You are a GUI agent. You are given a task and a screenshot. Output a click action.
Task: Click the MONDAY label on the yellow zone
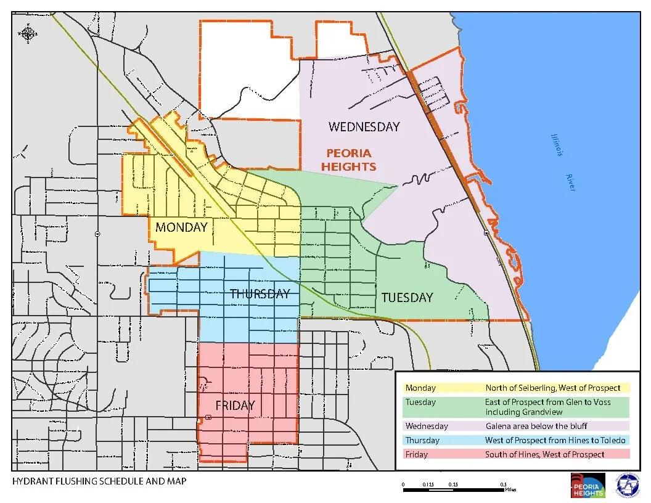point(181,227)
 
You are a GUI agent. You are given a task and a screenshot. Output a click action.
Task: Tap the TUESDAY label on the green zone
point(407,298)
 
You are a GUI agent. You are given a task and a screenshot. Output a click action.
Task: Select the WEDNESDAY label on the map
point(364,127)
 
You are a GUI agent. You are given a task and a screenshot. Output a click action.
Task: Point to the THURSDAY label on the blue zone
point(260,294)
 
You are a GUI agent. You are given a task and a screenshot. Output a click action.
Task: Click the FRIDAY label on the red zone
point(235,406)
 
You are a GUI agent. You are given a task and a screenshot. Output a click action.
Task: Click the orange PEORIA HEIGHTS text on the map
point(351,160)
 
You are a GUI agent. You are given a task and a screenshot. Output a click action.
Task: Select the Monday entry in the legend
point(420,388)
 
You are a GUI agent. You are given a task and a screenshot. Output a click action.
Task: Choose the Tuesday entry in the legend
point(420,403)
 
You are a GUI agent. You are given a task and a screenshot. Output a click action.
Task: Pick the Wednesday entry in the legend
point(426,426)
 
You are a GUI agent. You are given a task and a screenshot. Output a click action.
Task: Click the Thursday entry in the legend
point(422,440)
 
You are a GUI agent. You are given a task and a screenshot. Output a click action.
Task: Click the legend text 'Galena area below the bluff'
point(536,426)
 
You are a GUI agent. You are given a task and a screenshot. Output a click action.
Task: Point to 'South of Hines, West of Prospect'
point(545,454)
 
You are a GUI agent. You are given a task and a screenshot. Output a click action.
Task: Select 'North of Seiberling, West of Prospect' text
point(552,388)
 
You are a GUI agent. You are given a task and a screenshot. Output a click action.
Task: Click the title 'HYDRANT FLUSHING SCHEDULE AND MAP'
point(99,481)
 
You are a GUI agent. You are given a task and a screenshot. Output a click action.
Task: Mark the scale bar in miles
point(453,489)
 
